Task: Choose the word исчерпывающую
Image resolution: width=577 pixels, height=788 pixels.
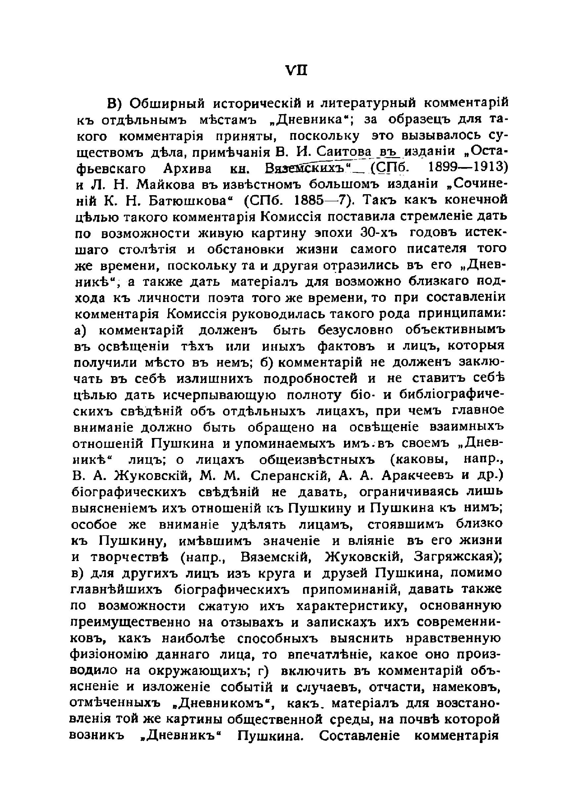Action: (x=219, y=395)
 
